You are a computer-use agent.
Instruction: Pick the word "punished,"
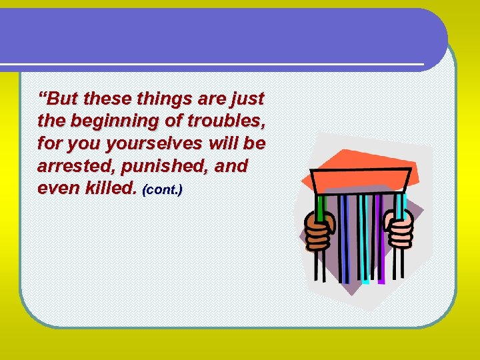pos(155,167)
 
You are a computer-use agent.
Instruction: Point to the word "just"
pos(248,101)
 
